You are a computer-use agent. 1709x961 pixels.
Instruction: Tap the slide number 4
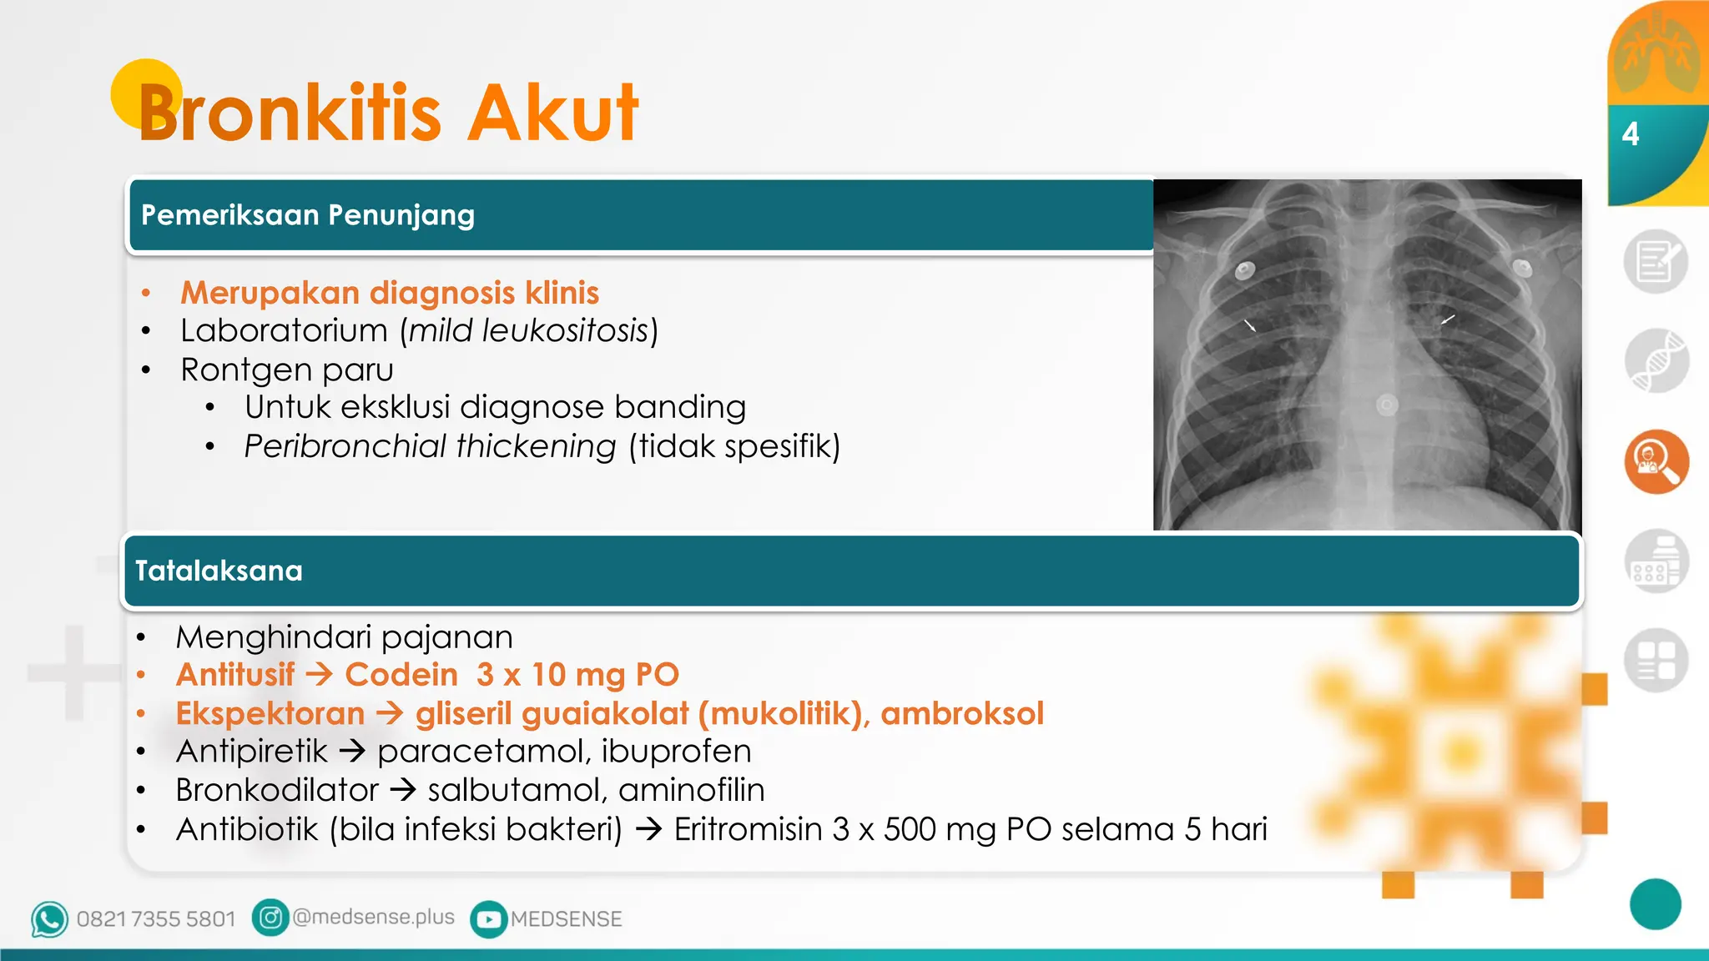[1630, 133]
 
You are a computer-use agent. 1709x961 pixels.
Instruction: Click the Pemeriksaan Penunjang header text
[307, 215]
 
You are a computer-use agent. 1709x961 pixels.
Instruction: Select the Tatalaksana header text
[219, 571]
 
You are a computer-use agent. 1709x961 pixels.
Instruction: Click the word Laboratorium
[284, 331]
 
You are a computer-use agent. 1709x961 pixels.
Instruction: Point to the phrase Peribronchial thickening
[430, 446]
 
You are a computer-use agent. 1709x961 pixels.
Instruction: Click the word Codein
[401, 675]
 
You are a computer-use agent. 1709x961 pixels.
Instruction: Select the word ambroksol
[961, 713]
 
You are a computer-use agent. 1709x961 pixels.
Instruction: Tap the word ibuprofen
[676, 752]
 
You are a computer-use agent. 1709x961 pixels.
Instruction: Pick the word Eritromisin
[748, 829]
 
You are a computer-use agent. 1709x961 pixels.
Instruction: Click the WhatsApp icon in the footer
[49, 919]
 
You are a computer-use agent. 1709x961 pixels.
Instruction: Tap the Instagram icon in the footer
[270, 918]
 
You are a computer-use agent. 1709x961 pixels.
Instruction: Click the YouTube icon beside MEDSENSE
[488, 919]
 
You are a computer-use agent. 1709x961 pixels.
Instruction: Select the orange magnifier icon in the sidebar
[1656, 461]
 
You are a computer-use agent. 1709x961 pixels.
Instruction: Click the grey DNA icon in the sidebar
[1656, 361]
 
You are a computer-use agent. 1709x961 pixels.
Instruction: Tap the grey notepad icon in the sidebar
[1656, 261]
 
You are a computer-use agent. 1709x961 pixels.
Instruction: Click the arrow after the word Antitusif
[320, 674]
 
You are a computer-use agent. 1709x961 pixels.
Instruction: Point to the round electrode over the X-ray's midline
[1387, 405]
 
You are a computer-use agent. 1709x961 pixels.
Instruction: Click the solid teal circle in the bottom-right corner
[1655, 904]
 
